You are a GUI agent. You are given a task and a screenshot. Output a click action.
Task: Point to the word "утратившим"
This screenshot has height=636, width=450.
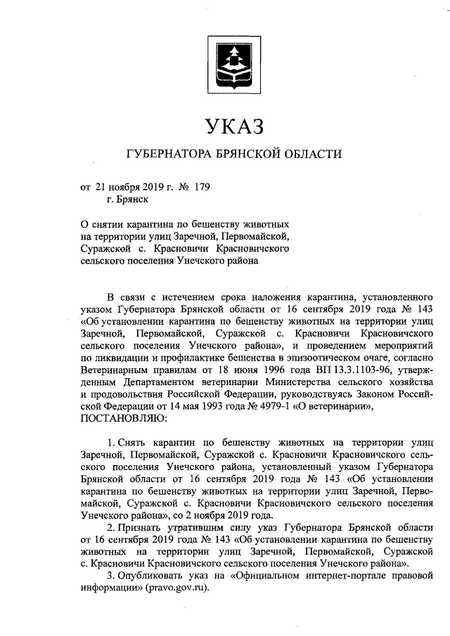coord(202,526)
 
